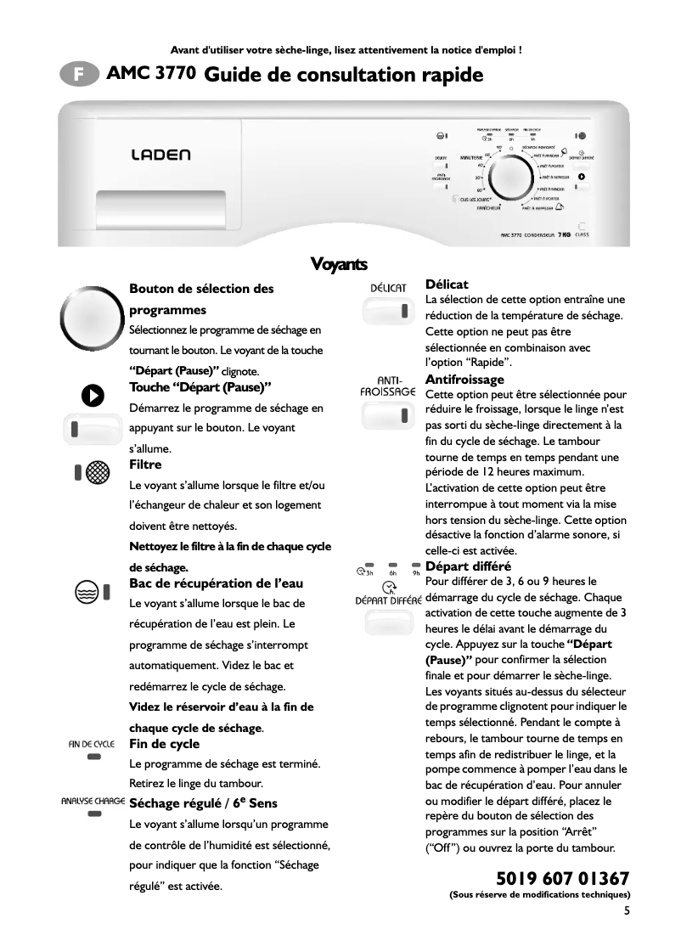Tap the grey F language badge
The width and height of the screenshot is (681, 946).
pos(78,76)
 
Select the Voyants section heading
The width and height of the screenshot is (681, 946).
pos(339,263)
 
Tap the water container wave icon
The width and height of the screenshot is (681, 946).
pos(85,592)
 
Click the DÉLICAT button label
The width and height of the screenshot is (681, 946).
pos(389,288)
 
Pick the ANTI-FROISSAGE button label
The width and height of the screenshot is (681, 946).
pos(387,386)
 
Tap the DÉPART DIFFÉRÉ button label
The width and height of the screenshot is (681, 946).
pos(388,600)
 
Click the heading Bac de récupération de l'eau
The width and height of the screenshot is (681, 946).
pos(216,583)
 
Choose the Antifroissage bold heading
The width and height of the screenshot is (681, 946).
pos(464,379)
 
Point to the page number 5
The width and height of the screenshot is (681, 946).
pos(627,912)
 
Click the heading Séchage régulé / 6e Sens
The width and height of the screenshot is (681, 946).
pos(203,802)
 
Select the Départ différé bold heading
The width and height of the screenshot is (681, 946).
pos(468,566)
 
